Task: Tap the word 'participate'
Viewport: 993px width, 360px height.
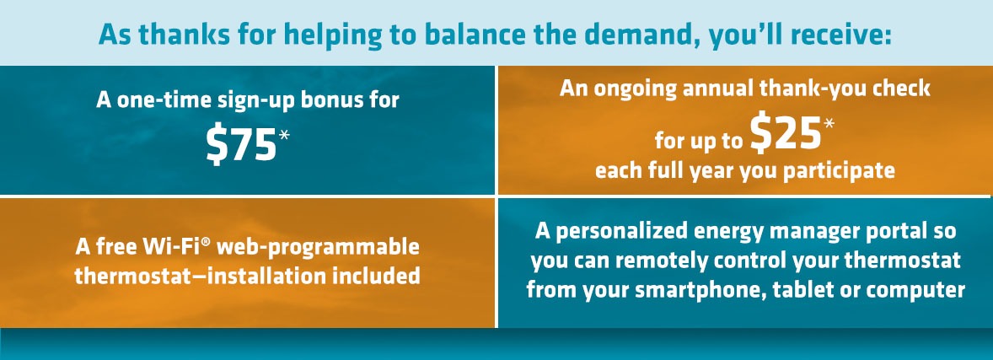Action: [x=840, y=172]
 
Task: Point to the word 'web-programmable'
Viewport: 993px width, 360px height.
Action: [x=318, y=248]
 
